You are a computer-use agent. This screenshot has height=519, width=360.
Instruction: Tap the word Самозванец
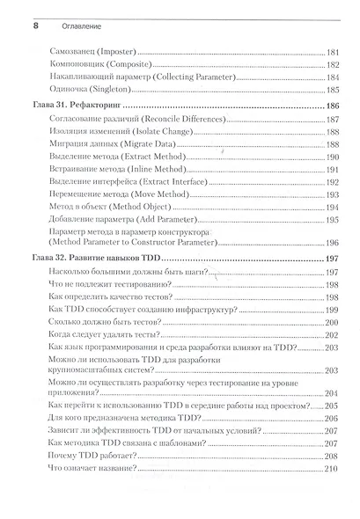pos(89,52)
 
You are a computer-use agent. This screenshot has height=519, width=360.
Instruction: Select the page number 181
pos(332,52)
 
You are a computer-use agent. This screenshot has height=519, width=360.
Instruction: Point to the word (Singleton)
pos(129,89)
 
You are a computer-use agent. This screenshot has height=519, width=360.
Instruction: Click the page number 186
pos(332,105)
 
